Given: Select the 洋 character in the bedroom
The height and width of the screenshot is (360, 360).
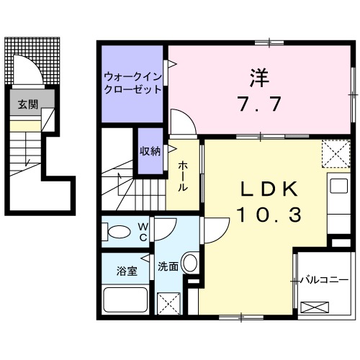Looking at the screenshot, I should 258,74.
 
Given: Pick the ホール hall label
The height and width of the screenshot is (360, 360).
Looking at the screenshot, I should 183,176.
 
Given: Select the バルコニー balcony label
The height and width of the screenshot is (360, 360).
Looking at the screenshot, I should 325,279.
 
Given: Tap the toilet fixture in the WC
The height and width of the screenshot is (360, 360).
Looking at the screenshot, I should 118,231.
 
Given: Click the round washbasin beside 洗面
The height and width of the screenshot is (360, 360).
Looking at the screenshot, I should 190,263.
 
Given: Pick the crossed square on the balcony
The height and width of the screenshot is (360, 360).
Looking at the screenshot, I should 318,307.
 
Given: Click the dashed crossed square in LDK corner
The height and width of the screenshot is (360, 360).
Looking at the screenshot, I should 333,152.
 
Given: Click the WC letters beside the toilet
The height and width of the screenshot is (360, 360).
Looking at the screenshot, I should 143,231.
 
